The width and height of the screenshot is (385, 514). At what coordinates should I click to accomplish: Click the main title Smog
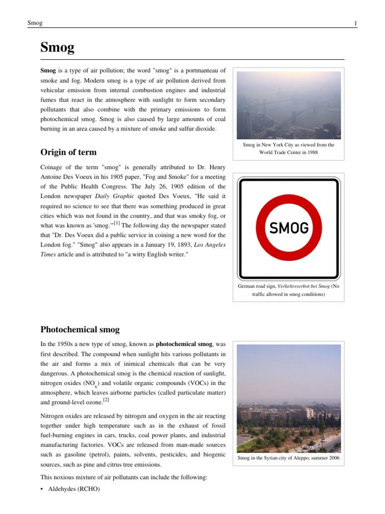click(57, 48)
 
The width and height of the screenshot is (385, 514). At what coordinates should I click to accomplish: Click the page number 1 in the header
click(355, 23)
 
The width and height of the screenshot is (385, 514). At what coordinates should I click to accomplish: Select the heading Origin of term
click(68, 152)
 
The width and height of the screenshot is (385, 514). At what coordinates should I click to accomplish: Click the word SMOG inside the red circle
click(289, 228)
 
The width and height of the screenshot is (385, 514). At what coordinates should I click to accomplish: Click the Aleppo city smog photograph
click(288, 398)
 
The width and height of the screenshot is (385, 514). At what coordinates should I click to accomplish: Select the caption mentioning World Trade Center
click(288, 149)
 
